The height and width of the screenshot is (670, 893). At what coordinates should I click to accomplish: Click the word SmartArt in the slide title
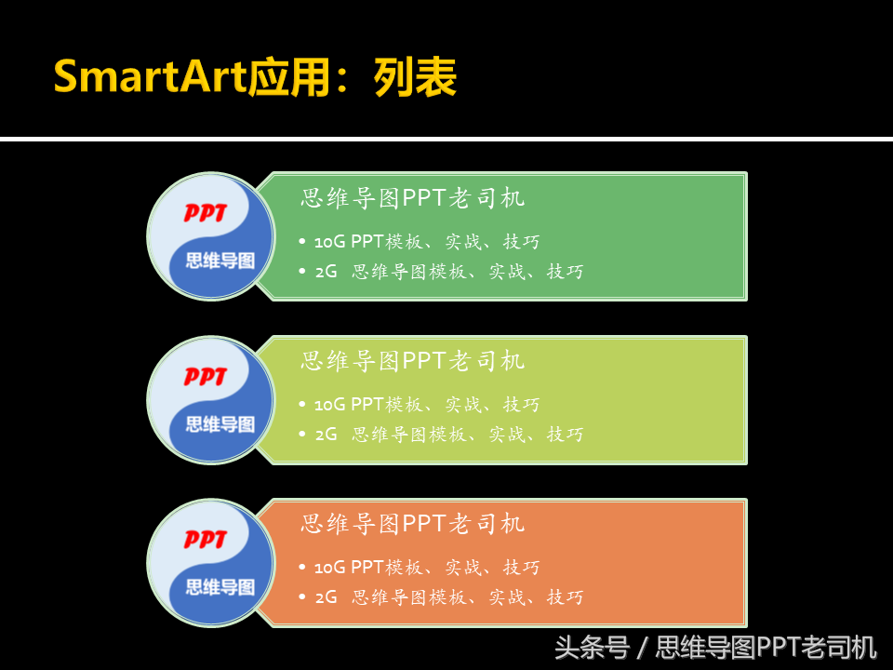click(151, 76)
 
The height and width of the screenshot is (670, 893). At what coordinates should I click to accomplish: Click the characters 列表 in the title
click(415, 77)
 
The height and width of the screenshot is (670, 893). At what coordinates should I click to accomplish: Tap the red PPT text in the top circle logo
click(205, 212)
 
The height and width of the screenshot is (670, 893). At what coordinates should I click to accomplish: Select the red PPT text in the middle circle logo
click(205, 376)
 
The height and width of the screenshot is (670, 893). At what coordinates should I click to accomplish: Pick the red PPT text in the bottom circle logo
click(205, 539)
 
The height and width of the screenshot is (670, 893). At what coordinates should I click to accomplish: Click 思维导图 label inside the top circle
click(220, 261)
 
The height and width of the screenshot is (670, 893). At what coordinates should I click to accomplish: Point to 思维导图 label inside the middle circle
click(220, 424)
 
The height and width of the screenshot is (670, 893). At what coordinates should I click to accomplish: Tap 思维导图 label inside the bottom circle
click(220, 587)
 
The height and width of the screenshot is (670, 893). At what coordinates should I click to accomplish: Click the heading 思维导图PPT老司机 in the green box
click(412, 198)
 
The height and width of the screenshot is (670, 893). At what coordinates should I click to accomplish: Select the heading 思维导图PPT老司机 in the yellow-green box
click(412, 361)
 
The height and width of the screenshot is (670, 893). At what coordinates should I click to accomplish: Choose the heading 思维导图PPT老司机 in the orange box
click(412, 524)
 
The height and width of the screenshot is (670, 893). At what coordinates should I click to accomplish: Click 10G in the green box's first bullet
click(329, 242)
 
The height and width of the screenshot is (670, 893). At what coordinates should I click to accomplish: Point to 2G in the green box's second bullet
click(326, 272)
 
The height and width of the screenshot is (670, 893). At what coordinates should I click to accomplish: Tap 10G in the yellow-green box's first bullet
click(329, 405)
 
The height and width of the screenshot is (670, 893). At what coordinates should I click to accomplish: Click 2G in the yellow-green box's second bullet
click(326, 435)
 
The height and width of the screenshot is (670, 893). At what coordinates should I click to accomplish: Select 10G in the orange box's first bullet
click(329, 568)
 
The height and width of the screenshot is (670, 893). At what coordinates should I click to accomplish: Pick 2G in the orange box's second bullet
click(326, 597)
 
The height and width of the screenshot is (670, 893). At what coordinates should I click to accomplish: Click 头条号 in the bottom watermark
click(593, 648)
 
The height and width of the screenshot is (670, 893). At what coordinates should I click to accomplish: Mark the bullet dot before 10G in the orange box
click(301, 568)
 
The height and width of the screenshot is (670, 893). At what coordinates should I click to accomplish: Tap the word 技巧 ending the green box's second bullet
click(565, 272)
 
